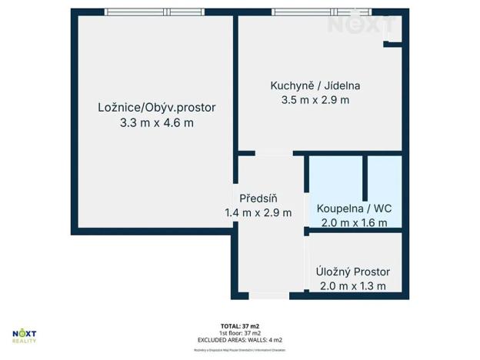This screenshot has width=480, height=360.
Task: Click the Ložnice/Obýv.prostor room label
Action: [x=156, y=108]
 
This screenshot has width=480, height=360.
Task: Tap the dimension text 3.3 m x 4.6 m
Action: [x=156, y=122]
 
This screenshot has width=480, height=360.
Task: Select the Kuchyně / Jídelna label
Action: [x=315, y=85]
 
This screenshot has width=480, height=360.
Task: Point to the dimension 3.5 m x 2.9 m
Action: [x=315, y=100]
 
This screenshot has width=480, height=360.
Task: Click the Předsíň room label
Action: [x=258, y=198]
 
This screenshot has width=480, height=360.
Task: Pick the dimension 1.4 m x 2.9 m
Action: [x=258, y=212]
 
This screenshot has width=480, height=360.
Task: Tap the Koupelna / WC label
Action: [x=354, y=208]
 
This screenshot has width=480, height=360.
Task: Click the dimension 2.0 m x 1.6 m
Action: [x=354, y=223]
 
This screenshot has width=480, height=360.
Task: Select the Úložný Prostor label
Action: [x=353, y=272]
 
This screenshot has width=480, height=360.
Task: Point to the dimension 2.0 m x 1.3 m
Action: [x=353, y=286]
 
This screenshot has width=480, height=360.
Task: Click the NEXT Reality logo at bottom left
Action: [x=24, y=335]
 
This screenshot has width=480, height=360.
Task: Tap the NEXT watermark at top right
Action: [x=356, y=24]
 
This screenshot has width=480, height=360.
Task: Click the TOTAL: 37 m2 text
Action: [x=240, y=326]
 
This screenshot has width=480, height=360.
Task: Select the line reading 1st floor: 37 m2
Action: [x=240, y=333]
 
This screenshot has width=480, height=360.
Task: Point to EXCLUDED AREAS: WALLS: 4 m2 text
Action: [x=240, y=340]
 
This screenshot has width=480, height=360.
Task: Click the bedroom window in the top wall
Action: [x=154, y=12]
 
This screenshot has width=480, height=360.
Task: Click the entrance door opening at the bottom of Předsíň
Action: [x=268, y=295]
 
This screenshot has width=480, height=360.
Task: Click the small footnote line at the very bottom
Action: [x=240, y=350]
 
